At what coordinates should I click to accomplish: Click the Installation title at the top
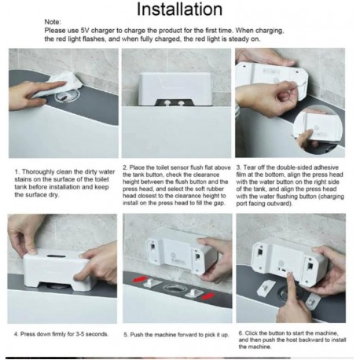pos(179,9)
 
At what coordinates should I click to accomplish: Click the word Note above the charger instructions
pos(53,22)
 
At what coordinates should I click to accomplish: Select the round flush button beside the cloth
pos(68,96)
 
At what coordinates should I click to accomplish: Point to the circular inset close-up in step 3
pos(318,130)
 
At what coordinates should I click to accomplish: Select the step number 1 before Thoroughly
pos(17,172)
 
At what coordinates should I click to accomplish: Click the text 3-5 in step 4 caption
pos(80,334)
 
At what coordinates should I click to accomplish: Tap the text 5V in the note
pos(85,31)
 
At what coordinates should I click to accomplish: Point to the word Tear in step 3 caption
pos(249,167)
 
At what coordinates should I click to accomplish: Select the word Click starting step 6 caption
pos(251,333)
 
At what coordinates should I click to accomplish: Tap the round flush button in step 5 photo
pos(175,289)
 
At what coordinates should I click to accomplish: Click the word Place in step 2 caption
pos(137,167)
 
